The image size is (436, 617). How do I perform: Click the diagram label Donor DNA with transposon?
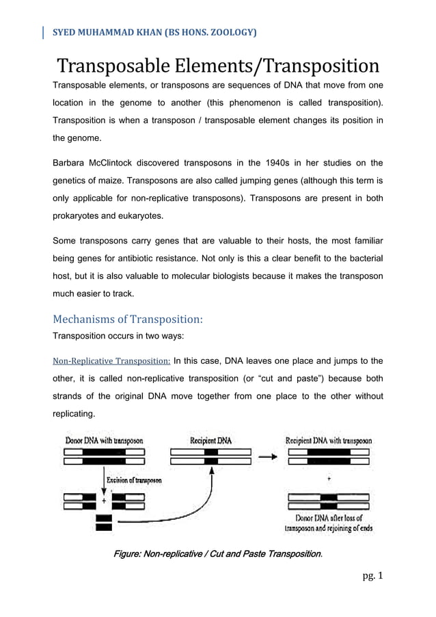coord(104,441)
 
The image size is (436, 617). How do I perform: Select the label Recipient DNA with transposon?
coord(329,441)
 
